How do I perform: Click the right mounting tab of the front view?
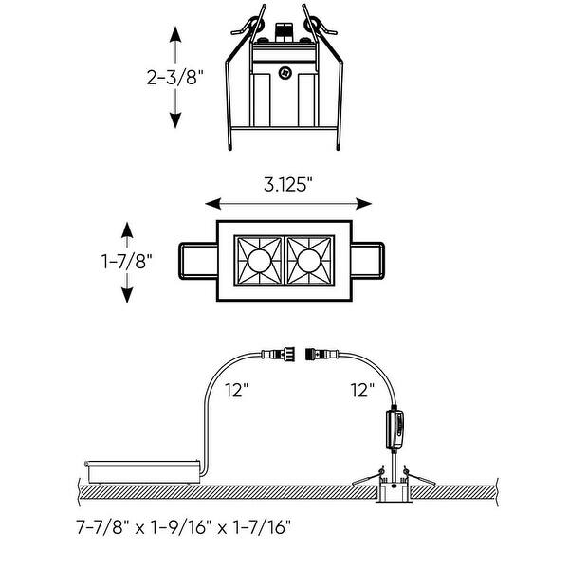click(369, 260)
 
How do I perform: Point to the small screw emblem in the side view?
click(284, 71)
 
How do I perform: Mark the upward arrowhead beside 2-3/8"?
click(175, 34)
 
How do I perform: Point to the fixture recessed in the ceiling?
click(391, 491)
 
